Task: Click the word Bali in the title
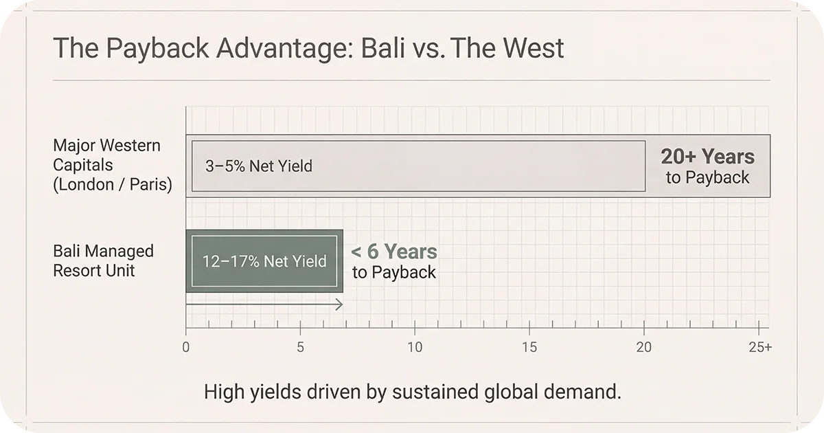pos(375,48)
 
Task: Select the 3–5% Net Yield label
pos(258,166)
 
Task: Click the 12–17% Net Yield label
pos(264,261)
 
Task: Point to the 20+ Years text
pos(707,157)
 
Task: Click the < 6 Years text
pos(393,252)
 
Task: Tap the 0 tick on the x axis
pos(186,348)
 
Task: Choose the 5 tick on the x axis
pos(300,348)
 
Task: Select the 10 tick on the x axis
pos(415,348)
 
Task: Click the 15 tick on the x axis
pos(529,348)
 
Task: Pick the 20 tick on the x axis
pos(643,348)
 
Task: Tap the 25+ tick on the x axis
pos(760,348)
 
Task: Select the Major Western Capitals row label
pos(106,155)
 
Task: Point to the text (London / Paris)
pos(113,185)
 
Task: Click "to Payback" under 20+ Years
pos(707,177)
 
